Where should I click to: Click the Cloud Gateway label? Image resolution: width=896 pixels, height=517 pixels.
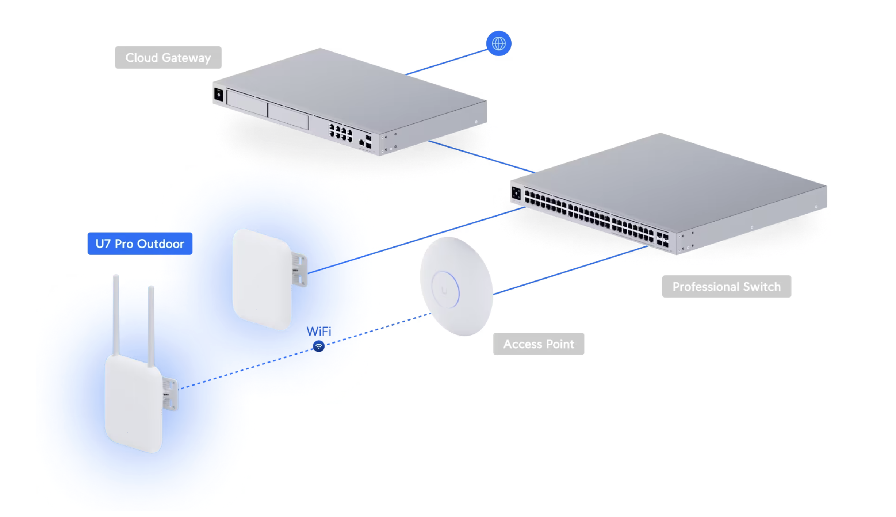coord(168,58)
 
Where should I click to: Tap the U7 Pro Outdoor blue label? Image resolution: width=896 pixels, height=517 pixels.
coord(140,244)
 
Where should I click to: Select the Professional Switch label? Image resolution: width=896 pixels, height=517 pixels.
coord(726,287)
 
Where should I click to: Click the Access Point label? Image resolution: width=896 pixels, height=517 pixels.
coord(539,344)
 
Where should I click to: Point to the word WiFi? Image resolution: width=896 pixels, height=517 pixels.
coord(319,332)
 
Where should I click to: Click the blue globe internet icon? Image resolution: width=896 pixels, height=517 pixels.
coord(498,43)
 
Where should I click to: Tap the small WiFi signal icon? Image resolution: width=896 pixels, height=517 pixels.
coord(319,346)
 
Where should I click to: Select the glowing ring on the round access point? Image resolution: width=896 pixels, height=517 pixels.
coord(445,290)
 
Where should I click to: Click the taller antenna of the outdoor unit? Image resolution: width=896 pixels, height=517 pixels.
coord(116,314)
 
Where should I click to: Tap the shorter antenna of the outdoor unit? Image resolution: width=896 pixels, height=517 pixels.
coord(151,325)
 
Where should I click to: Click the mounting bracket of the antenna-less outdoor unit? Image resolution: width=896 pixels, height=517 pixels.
coord(299,270)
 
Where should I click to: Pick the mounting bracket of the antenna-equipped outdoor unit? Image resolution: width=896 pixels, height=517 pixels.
coord(170,394)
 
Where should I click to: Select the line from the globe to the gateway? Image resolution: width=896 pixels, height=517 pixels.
coord(445,62)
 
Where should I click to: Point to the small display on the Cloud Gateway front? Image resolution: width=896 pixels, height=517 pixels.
coord(219,95)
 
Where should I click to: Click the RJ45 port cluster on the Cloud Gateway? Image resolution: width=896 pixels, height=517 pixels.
coord(341,133)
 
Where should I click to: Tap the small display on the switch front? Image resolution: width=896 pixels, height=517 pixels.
coord(516,193)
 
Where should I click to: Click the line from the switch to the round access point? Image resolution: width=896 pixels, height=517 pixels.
coord(570,270)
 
